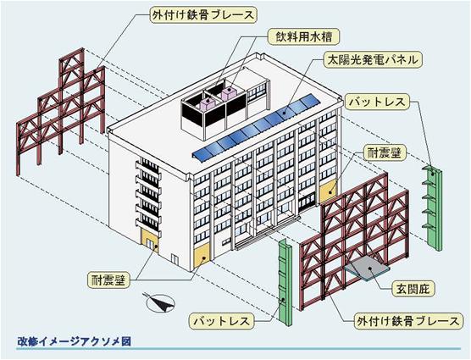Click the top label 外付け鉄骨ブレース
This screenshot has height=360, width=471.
(x=203, y=15)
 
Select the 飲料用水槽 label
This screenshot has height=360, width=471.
(x=303, y=36)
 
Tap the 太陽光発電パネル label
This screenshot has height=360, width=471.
(x=373, y=60)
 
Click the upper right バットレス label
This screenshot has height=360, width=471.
(x=377, y=102)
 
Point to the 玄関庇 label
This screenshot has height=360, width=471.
(x=413, y=289)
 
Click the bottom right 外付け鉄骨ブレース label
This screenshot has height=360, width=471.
(x=407, y=321)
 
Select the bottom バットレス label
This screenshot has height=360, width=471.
(x=221, y=321)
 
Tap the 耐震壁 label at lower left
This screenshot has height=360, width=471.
(x=110, y=280)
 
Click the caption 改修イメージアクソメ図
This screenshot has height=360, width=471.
(x=74, y=341)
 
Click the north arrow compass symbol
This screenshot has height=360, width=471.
(x=160, y=302)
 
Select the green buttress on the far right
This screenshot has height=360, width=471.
(x=433, y=208)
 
